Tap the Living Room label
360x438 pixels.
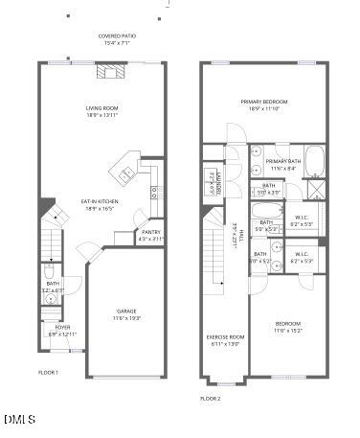pyautogui.click(x=101, y=111)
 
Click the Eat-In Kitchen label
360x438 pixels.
pyautogui.click(x=101, y=204)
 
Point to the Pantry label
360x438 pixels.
pyautogui.click(x=151, y=235)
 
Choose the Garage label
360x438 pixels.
pyautogui.click(x=127, y=314)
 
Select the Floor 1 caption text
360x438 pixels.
pyautogui.click(x=48, y=373)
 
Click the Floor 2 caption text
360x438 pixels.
pyautogui.click(x=210, y=398)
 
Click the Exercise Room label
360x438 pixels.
pyautogui.click(x=227, y=340)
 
